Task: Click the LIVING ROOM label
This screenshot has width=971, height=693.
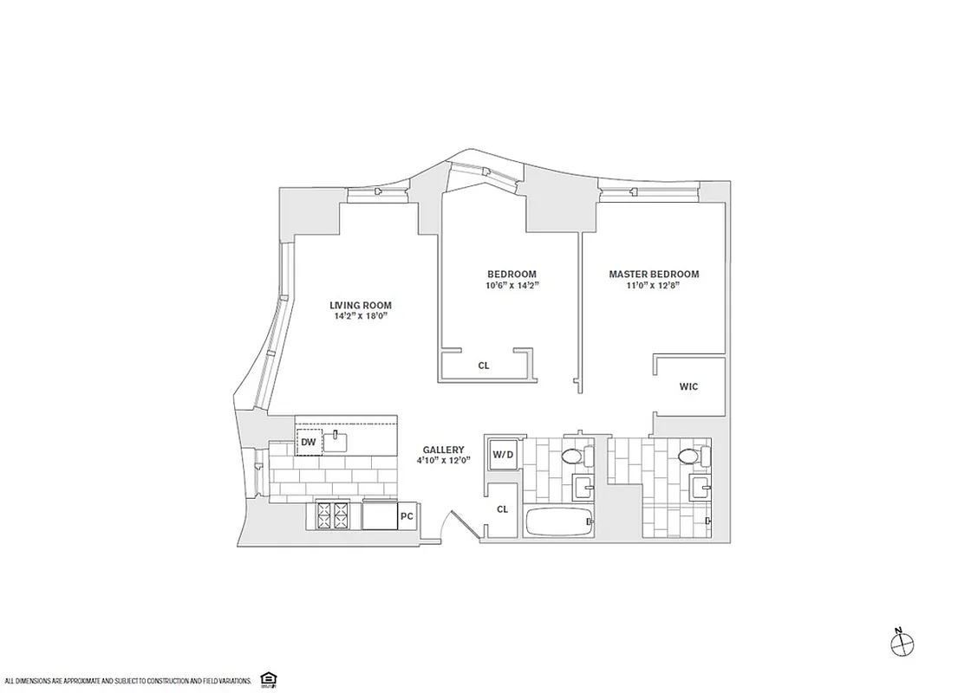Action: pyautogui.click(x=360, y=305)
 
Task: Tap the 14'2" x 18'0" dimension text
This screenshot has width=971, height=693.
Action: pyautogui.click(x=360, y=317)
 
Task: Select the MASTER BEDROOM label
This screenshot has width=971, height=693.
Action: pyautogui.click(x=654, y=275)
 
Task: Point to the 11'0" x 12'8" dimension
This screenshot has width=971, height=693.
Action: pyautogui.click(x=654, y=287)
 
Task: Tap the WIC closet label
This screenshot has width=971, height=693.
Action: pyautogui.click(x=688, y=386)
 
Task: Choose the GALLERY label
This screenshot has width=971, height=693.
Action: pyautogui.click(x=443, y=450)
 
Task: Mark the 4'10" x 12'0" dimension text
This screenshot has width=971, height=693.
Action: pyautogui.click(x=443, y=462)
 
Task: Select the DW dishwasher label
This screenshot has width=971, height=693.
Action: pyautogui.click(x=308, y=444)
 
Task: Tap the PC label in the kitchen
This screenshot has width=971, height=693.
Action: pyautogui.click(x=406, y=516)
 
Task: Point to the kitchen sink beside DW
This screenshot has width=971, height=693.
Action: pyautogui.click(x=336, y=443)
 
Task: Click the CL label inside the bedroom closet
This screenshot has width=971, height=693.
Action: pyautogui.click(x=484, y=366)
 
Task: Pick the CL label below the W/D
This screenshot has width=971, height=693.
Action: pyautogui.click(x=502, y=509)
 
